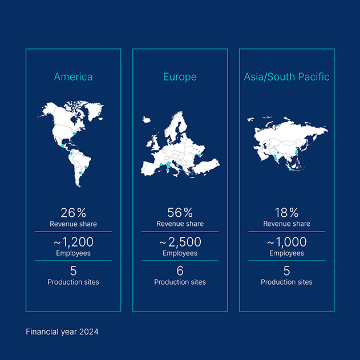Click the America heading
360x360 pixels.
73,76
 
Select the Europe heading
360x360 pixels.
180,77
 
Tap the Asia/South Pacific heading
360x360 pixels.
286,77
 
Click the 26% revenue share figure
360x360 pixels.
73,213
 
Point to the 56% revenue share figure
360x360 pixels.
180,213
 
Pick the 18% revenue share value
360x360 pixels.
286,213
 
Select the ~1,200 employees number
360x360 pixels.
74,242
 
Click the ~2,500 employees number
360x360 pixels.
180,242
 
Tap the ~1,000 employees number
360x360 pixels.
286,242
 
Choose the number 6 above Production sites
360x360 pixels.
180,271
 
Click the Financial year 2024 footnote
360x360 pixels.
62,332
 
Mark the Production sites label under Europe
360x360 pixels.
180,282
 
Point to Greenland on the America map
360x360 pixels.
94,111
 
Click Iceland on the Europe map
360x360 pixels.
146,120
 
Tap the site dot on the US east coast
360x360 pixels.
74,134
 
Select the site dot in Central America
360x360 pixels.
62,145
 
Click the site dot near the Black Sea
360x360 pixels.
200,155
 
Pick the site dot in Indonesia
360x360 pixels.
290,169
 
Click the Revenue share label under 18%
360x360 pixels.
286,224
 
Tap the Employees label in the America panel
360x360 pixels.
73,253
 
